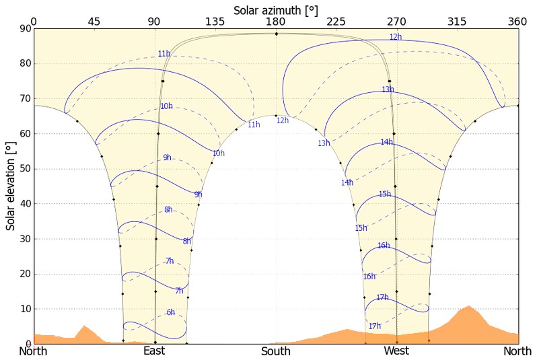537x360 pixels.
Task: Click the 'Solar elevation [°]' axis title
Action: click(11, 186)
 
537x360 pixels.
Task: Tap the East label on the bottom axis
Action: click(154, 351)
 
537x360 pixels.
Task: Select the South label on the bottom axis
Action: click(276, 351)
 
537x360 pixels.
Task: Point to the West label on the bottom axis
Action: click(396, 351)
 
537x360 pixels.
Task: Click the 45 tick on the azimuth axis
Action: click(94, 22)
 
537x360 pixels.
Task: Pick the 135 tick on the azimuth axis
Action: click(215, 22)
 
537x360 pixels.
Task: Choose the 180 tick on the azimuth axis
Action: click(275, 22)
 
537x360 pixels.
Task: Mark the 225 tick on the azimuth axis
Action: click(336, 22)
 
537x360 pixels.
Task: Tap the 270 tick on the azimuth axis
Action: click(396, 22)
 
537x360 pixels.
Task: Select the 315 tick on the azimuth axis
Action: click(457, 22)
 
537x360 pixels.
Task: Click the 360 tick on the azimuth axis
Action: click(517, 22)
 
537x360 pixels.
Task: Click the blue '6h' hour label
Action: click(171, 312)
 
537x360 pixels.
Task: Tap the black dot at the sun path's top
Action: click(276, 34)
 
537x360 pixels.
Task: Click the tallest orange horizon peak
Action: click(468, 307)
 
